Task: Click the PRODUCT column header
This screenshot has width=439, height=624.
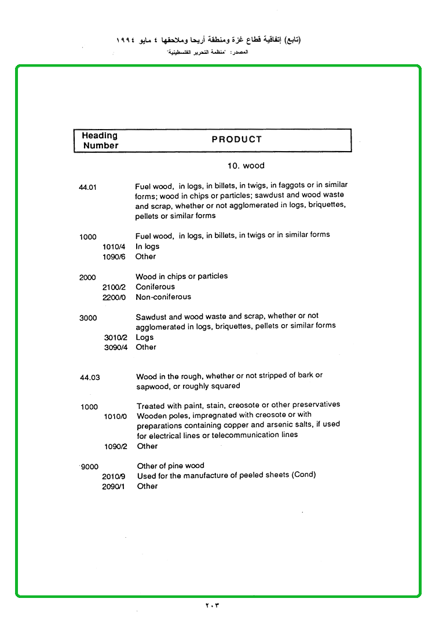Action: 236,140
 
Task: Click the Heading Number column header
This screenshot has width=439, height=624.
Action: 100,141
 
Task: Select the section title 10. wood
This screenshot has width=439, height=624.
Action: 246,166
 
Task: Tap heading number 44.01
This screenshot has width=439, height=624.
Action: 87,187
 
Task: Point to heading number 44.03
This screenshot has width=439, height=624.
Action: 90,377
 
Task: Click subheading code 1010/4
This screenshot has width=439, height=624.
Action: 114,247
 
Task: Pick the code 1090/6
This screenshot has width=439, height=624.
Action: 114,257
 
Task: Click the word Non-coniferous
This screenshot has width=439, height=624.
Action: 163,297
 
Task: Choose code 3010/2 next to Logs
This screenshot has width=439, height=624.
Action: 116,337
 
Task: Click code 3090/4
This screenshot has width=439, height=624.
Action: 116,347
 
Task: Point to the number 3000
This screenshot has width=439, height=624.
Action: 88,318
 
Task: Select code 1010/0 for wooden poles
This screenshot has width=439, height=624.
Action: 115,416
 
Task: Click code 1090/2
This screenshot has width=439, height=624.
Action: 115,447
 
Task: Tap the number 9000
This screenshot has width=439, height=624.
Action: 90,467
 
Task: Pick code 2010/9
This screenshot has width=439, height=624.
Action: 114,476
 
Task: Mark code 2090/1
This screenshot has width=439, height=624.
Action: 114,487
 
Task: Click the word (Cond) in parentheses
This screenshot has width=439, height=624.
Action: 304,475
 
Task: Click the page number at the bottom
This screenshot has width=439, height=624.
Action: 213,605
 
